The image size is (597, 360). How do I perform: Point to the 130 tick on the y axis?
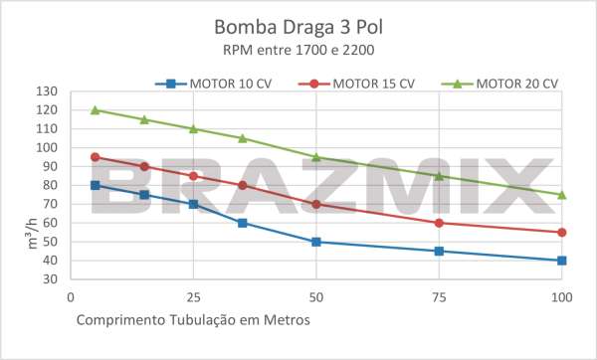(48, 91)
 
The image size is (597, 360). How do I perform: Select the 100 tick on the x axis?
(562, 296)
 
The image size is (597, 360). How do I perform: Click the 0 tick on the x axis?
(71, 296)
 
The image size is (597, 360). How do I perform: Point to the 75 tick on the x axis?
(439, 296)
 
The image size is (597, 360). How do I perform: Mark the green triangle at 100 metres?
(562, 194)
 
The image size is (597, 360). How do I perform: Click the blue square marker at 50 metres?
(316, 242)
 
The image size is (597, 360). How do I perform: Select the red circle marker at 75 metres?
(439, 223)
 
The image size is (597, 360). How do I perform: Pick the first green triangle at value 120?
(95, 109)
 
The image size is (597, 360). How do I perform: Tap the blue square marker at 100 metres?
(562, 261)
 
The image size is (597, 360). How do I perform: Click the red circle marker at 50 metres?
(316, 204)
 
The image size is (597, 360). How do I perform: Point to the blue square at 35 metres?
(243, 223)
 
